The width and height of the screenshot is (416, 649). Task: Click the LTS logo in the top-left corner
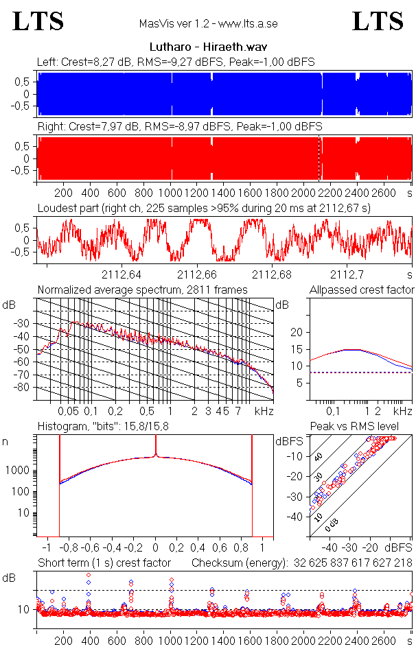point(38,22)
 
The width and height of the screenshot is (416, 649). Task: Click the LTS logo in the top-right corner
point(378,22)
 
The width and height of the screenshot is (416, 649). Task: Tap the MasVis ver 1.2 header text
point(208,24)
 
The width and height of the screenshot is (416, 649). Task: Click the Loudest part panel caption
point(203,208)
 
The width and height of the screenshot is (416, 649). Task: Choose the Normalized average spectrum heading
point(142,290)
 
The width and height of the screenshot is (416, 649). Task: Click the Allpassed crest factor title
point(362,290)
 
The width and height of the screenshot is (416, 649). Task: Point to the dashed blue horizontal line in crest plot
point(361,373)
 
